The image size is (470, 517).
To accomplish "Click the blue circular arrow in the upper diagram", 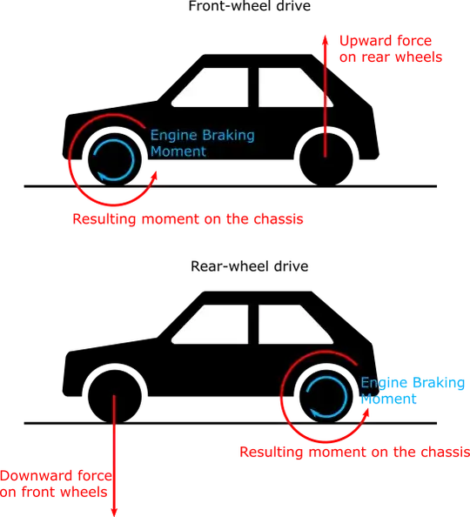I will click(114, 158).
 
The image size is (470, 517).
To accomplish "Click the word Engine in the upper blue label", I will click(171, 136).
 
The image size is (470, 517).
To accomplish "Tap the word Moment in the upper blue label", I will click(178, 151).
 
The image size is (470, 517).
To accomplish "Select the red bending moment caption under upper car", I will click(188, 218).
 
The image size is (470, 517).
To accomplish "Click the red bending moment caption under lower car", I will click(353, 451).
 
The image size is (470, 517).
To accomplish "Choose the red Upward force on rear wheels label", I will click(389, 50).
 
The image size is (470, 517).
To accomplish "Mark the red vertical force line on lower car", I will click(114, 453).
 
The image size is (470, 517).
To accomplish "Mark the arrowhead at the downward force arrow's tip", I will click(114, 510).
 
